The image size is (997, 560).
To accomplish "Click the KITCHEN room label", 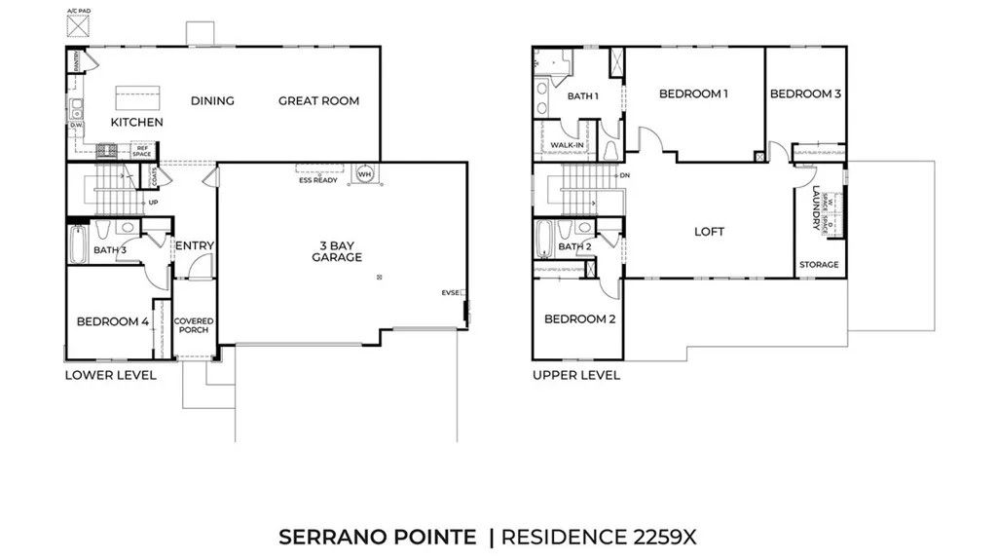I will pyautogui.click(x=136, y=123).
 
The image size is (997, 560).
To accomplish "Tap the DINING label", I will pyautogui.click(x=212, y=100).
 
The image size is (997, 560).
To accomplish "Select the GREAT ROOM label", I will pyautogui.click(x=318, y=100).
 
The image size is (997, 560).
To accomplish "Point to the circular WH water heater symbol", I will pyautogui.click(x=365, y=174).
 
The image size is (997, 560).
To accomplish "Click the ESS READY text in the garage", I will pyautogui.click(x=318, y=180).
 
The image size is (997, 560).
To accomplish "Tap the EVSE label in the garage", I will pyautogui.click(x=450, y=292).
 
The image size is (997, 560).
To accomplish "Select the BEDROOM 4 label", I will pyautogui.click(x=113, y=321).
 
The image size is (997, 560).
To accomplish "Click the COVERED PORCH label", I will pyautogui.click(x=193, y=325).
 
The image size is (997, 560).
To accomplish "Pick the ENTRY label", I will pyautogui.click(x=194, y=245).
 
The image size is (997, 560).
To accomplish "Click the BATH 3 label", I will pyautogui.click(x=110, y=250).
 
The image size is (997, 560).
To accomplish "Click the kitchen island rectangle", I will pyautogui.click(x=138, y=97).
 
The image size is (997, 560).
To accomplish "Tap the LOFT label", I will pyautogui.click(x=709, y=232).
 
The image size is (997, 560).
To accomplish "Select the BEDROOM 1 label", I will pyautogui.click(x=693, y=93).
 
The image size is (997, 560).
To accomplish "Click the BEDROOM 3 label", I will pyautogui.click(x=805, y=93).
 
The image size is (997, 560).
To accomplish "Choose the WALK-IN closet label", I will pyautogui.click(x=567, y=146).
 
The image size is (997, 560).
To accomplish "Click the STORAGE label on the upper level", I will pyautogui.click(x=819, y=265).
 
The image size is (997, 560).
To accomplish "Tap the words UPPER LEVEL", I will pyautogui.click(x=575, y=375).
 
